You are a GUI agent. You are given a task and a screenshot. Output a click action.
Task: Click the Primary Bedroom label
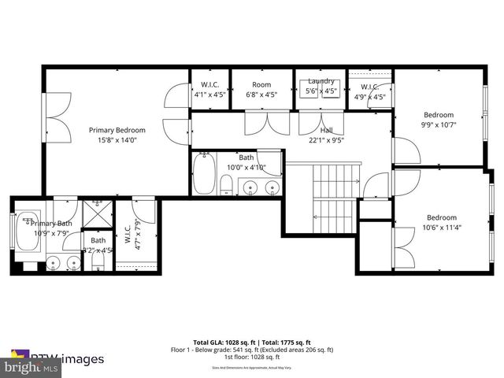117,130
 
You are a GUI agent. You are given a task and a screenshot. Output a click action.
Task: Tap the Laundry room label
321,81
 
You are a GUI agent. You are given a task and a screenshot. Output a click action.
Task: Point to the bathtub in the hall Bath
204,174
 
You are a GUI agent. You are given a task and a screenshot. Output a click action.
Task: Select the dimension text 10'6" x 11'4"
441,228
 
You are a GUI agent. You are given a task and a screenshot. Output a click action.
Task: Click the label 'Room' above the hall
261,84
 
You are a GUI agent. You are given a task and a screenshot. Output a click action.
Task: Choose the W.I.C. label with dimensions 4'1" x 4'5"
209,84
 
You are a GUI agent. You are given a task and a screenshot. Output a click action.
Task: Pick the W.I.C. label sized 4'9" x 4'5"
370,87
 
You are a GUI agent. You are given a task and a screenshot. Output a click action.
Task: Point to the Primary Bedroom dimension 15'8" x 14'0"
117,140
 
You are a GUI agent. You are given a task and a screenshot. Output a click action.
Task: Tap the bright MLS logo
31,367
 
